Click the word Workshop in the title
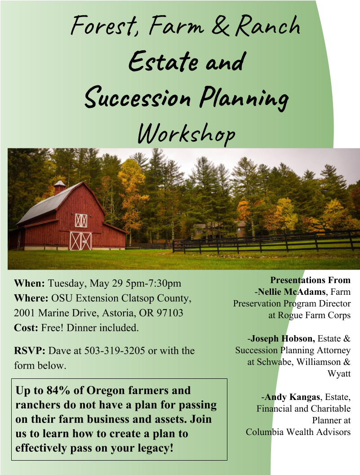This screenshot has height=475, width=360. click(x=187, y=133)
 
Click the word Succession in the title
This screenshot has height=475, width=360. click(x=138, y=98)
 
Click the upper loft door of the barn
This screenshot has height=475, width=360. click(x=81, y=220)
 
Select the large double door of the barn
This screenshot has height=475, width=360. click(x=80, y=241)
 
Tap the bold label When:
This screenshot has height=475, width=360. click(x=29, y=283)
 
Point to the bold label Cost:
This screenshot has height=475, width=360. click(x=26, y=328)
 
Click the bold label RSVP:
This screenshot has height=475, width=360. click(x=30, y=351)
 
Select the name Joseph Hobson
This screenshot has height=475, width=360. click(x=283, y=338)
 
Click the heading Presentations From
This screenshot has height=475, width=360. click(x=310, y=280)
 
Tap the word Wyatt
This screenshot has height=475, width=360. click(x=339, y=373)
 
